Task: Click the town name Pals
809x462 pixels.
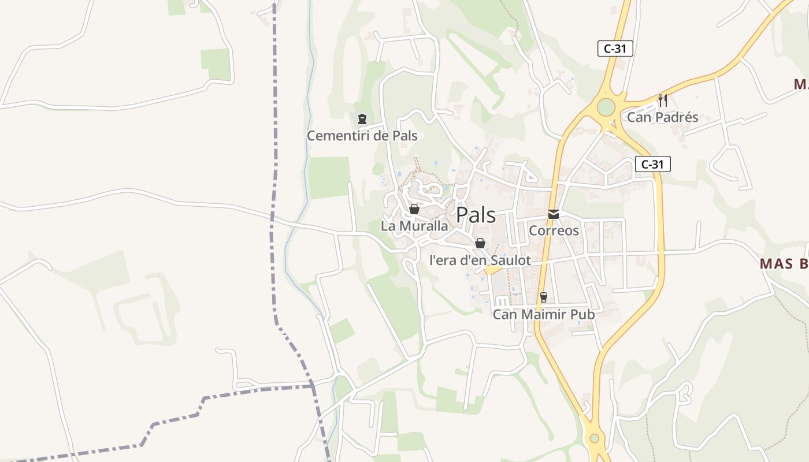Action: click(476, 215)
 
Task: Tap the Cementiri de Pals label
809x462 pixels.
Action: click(362, 136)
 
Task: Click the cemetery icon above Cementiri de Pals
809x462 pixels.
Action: click(362, 119)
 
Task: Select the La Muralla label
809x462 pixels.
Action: click(414, 226)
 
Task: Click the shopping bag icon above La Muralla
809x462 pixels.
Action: click(414, 209)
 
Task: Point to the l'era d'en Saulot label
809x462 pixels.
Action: click(480, 260)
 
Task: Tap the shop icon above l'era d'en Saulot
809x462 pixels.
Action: click(480, 243)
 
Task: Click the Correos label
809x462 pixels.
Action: click(554, 231)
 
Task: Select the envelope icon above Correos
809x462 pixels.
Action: click(554, 214)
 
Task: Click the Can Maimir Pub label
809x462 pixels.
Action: click(543, 315)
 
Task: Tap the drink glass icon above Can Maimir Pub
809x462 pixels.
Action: click(544, 297)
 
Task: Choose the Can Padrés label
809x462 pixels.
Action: click(662, 118)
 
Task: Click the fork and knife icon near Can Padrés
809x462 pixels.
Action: click(663, 100)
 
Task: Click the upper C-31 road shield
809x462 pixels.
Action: click(615, 49)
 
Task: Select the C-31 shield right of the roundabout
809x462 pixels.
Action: click(652, 164)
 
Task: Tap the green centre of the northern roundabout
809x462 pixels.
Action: click(606, 107)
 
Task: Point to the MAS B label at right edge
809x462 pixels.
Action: click(784, 264)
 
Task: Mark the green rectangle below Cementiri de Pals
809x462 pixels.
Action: click(329, 177)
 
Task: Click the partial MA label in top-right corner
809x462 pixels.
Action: click(800, 84)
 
